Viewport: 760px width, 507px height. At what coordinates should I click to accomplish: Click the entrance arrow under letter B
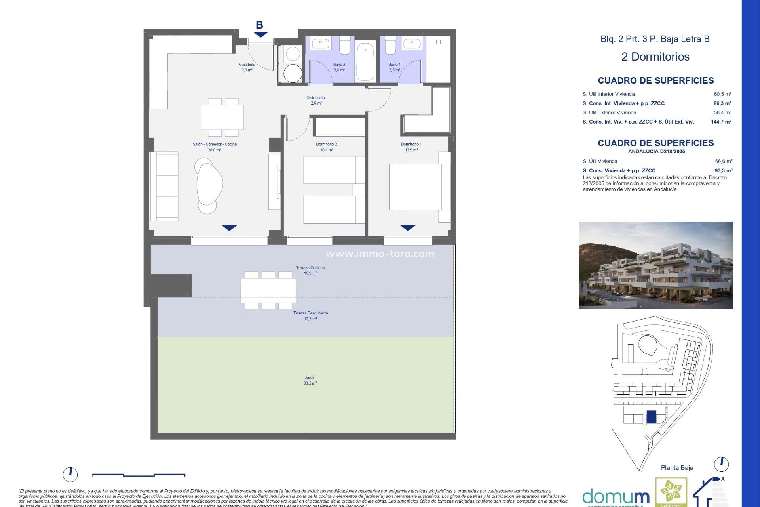tap(260, 35)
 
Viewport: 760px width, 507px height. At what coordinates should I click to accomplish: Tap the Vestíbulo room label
tap(247, 65)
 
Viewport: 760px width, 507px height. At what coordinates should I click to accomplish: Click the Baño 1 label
tap(394, 65)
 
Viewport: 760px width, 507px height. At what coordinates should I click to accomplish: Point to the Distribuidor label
tap(316, 97)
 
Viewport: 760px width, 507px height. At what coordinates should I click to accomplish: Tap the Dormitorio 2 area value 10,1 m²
tap(327, 150)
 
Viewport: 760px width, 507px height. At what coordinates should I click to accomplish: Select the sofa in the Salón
tap(164, 186)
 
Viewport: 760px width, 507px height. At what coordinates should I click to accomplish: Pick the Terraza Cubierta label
tap(310, 268)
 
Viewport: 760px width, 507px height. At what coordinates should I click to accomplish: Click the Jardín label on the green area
tap(310, 377)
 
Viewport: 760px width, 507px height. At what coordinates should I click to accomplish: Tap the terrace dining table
tap(268, 290)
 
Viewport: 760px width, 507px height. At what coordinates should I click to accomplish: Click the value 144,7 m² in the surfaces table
tap(721, 122)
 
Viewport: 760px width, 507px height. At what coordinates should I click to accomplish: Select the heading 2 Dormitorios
tap(655, 57)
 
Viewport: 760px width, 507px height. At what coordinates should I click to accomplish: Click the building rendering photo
tap(655, 265)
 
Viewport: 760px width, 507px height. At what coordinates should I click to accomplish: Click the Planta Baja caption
tap(677, 468)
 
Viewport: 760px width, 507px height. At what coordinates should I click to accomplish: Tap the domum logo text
tap(616, 497)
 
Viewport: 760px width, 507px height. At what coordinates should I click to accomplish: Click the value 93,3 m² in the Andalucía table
tap(723, 171)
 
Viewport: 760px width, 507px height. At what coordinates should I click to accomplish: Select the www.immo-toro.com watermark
tap(380, 254)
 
